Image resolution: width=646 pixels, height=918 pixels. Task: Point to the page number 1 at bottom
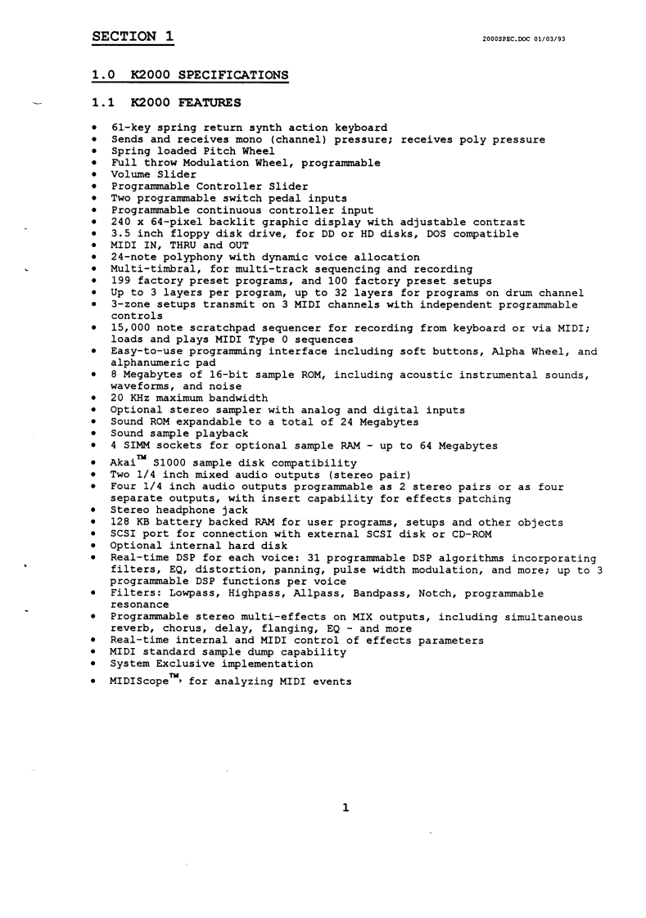click(x=346, y=809)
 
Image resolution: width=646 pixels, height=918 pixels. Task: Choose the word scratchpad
click(x=224, y=328)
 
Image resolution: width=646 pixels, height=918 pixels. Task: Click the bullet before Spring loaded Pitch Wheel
click(x=97, y=151)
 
